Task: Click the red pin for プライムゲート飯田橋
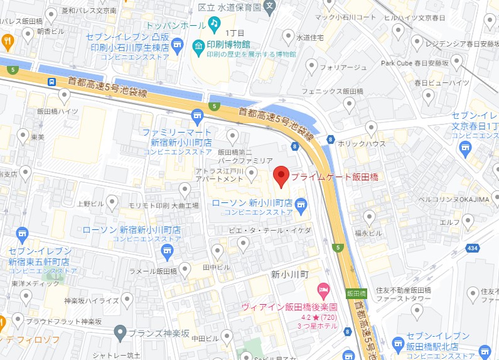tap(281, 176)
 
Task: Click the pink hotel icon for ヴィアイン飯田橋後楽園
tap(323, 291)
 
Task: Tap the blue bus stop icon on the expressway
tap(51, 82)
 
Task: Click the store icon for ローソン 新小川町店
tap(301, 203)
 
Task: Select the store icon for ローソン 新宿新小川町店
tap(166, 251)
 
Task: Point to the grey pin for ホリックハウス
tap(372, 128)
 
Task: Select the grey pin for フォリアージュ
tap(312, 65)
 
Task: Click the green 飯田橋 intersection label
tap(355, 293)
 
